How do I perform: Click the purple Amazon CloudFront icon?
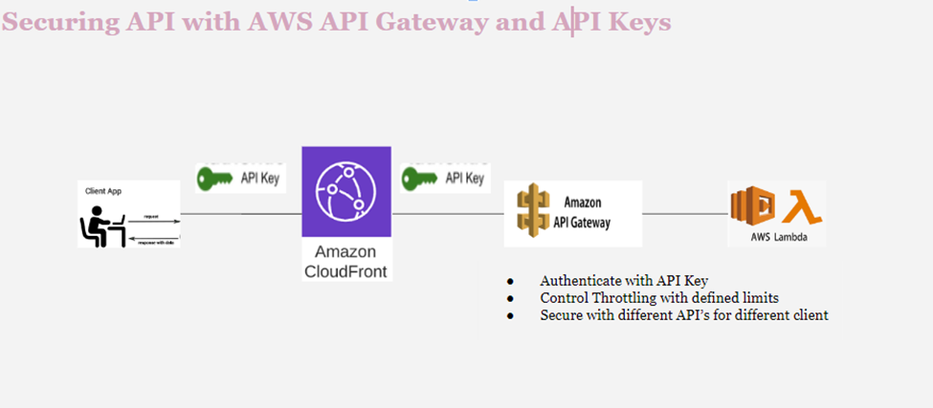pos(346,191)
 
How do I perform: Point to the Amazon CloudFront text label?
pos(346,261)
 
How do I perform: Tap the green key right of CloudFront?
pos(422,178)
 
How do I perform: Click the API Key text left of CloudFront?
pos(259,179)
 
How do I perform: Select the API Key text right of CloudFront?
pos(465,179)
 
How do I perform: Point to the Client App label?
pos(103,191)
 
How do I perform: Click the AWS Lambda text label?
pos(776,235)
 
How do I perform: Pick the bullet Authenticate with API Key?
pos(623,281)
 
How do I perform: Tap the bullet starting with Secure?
pos(683,314)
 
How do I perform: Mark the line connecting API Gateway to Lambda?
pos(684,214)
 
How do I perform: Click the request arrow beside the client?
pos(151,222)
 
